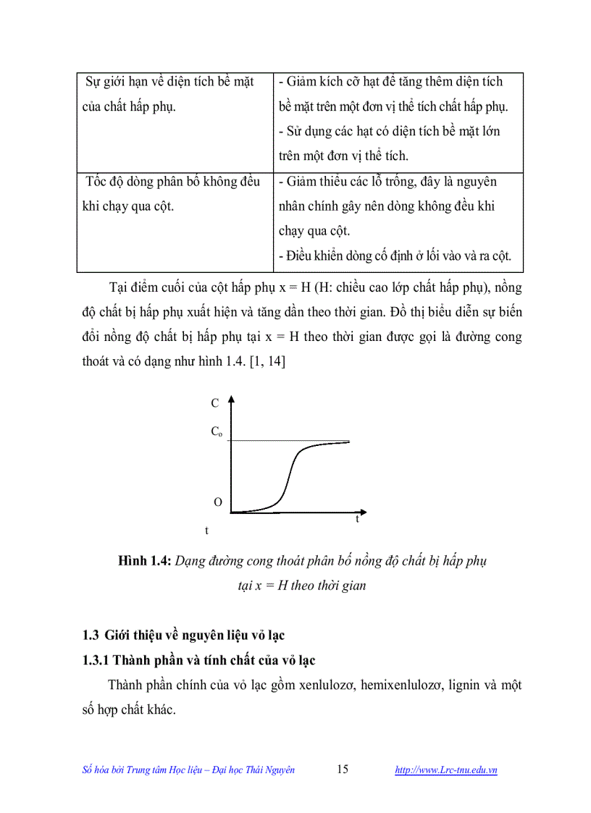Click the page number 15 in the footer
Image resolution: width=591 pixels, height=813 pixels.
(343, 770)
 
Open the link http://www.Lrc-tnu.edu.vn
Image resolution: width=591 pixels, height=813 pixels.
(445, 770)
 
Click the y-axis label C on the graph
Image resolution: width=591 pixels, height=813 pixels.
(215, 404)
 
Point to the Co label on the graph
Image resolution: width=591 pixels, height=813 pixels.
(217, 431)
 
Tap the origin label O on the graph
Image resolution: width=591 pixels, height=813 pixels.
(217, 502)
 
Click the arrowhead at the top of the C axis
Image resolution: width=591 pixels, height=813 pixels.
(230, 399)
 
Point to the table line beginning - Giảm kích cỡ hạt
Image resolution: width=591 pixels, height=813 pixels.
(390, 82)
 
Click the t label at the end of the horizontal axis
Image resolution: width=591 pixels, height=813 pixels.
(357, 519)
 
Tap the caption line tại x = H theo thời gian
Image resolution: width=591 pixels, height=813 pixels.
(302, 586)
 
